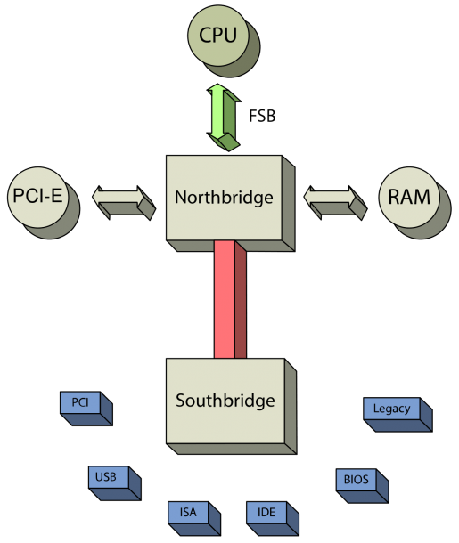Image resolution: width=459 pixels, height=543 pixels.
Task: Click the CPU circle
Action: (218, 36)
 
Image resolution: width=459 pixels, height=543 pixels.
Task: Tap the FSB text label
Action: (262, 116)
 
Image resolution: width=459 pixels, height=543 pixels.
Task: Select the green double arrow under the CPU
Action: (224, 117)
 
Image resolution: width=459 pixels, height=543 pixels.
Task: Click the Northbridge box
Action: (224, 198)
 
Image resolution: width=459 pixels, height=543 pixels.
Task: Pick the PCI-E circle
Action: (38, 198)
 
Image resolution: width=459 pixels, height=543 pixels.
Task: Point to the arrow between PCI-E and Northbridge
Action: (124, 203)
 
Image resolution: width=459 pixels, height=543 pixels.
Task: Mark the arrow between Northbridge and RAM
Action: (335, 203)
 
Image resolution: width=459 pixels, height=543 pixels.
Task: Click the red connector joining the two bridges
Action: (230, 300)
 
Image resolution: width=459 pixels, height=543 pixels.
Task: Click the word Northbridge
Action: (224, 198)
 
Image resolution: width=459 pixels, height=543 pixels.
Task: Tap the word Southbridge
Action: (225, 401)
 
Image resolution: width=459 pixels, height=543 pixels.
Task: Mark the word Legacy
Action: (392, 409)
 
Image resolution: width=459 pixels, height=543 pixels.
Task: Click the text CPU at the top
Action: (217, 35)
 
